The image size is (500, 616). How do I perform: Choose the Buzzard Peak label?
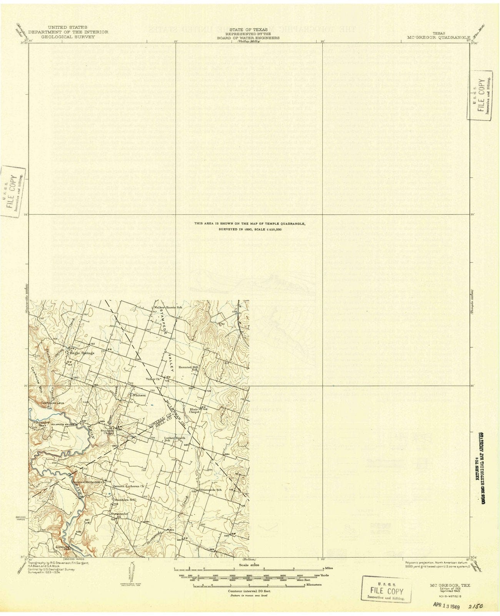click(x=40, y=424)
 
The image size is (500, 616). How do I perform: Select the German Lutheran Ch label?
click(x=128, y=487)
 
